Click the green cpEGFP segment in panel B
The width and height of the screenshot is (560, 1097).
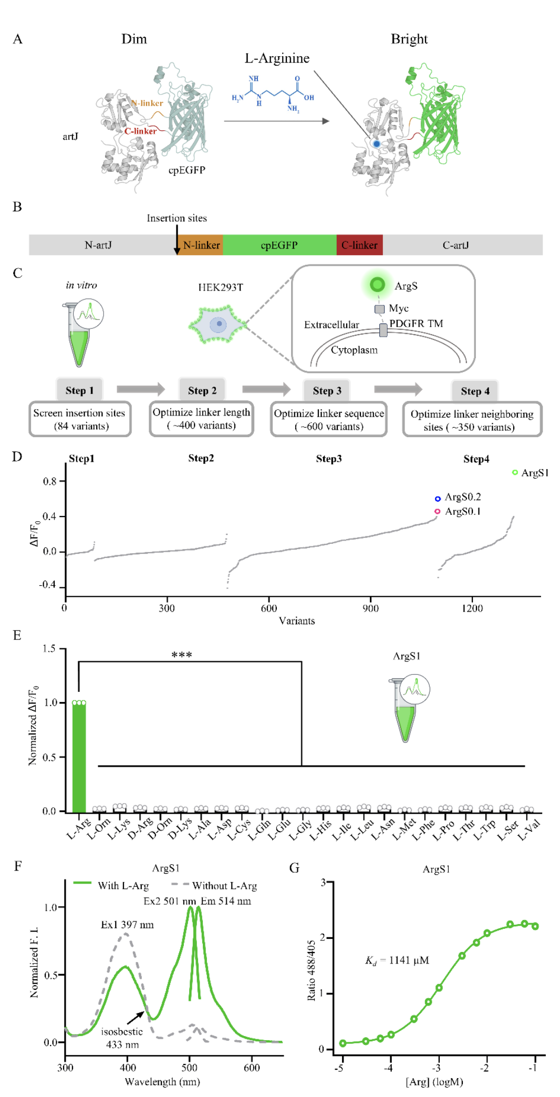coord(279,245)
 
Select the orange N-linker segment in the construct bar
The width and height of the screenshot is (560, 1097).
coord(201,245)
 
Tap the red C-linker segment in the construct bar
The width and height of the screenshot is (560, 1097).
coord(359,245)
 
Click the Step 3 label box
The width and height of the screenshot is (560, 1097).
coord(327,391)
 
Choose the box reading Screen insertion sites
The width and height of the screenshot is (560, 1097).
coord(79,419)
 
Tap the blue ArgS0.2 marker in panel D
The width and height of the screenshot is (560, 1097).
coord(438,499)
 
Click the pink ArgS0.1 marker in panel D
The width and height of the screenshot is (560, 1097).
coord(437,511)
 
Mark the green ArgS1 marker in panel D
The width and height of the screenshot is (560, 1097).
coord(515,473)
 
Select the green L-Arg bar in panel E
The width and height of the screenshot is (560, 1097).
coord(79,757)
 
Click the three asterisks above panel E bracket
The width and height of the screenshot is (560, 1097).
coord(182,655)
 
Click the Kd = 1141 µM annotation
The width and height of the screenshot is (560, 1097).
coord(397,960)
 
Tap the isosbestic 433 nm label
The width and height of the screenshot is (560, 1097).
coord(122,1038)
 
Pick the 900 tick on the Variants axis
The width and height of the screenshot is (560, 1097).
coord(370,608)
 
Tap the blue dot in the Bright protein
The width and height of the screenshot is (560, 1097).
coord(376,143)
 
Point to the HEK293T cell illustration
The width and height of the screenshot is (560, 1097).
coord(218,325)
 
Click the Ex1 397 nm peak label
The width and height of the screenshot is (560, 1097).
coord(127,925)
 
